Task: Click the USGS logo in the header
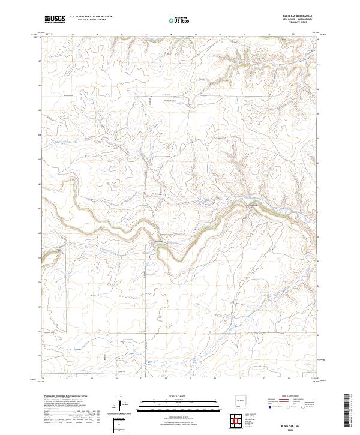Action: [55, 20]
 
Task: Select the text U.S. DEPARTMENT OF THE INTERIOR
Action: [91, 17]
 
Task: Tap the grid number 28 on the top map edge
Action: [171, 35]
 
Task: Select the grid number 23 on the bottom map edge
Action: [43, 379]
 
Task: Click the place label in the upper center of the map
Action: [172, 100]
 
